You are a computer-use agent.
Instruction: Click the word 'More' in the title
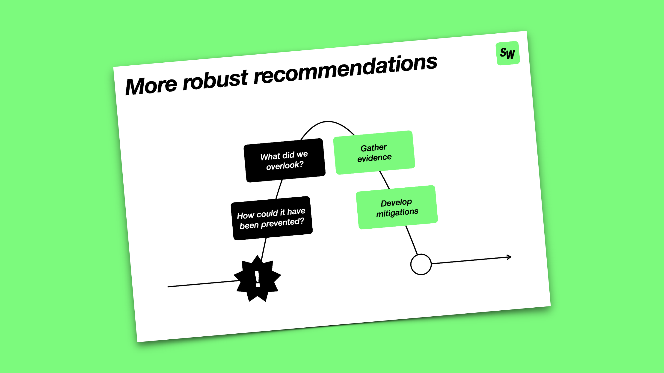[151, 86]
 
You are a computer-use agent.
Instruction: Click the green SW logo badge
[507, 53]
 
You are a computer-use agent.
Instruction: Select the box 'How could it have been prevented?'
[272, 218]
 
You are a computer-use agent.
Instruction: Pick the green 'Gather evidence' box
[374, 152]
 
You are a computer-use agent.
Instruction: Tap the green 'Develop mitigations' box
[397, 207]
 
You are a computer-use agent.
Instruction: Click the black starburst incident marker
[257, 279]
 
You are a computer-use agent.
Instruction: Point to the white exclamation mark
[257, 279]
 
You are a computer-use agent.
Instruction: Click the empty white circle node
[421, 264]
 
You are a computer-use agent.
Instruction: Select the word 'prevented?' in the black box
[283, 223]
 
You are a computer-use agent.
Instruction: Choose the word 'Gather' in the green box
[374, 148]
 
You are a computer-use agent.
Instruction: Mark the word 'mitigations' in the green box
[397, 213]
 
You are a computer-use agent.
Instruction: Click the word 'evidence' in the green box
[374, 157]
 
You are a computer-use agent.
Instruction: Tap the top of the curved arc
[328, 121]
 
